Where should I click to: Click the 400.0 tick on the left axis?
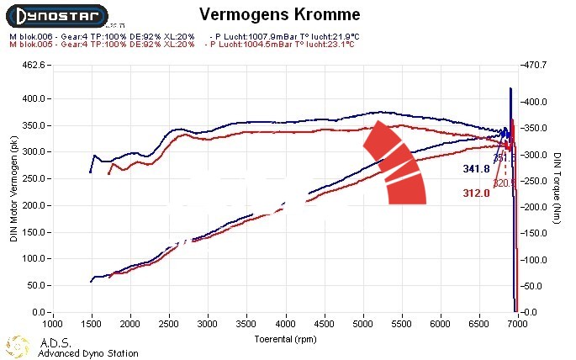(x=31, y=98)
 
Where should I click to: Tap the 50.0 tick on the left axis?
(x=34, y=286)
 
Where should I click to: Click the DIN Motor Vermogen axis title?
(x=13, y=188)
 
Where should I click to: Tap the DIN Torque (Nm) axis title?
(x=558, y=188)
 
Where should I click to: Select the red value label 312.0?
(x=477, y=193)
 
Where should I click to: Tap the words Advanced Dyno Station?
(x=88, y=353)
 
